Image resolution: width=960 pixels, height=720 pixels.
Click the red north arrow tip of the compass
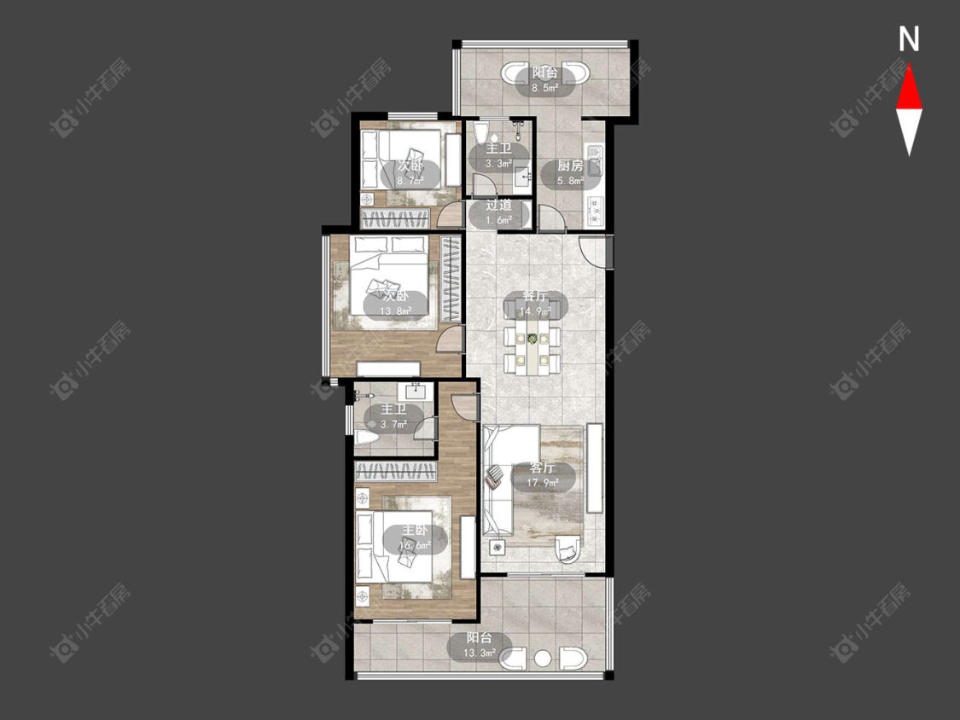tap(909, 65)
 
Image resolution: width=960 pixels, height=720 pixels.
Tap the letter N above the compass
tap(909, 39)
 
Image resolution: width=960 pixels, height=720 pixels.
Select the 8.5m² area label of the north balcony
tap(544, 88)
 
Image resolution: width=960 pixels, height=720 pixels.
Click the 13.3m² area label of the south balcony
tap(479, 653)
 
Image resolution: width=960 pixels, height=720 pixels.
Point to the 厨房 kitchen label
tap(570, 165)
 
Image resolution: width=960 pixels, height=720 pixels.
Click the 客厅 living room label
tap(543, 467)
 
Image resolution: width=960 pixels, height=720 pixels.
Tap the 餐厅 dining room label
tap(534, 296)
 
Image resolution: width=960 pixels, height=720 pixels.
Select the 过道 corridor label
tap(498, 205)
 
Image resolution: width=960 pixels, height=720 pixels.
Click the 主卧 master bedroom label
tap(415, 531)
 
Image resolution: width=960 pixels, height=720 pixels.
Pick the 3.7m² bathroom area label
tap(393, 424)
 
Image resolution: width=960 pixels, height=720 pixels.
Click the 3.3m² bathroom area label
tap(498, 164)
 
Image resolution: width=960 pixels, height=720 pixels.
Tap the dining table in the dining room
tap(532, 351)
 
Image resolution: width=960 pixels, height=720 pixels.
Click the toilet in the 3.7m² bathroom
tap(366, 438)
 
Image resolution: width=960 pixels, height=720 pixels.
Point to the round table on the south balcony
tap(543, 659)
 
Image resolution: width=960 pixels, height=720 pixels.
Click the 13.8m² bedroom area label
tap(395, 311)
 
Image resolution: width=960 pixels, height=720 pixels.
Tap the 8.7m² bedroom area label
tap(410, 181)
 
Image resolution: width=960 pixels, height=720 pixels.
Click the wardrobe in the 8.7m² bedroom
tap(395, 218)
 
